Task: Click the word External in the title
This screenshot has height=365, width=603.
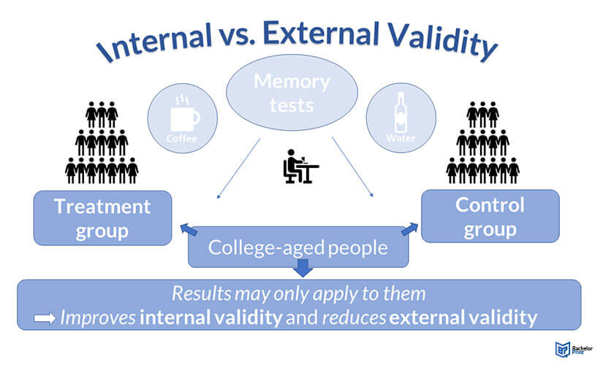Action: pos(322,32)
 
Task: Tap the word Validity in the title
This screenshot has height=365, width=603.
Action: pos(442,42)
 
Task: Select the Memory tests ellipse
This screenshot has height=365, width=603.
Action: pos(292,93)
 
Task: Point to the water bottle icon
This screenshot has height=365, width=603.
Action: pos(401,112)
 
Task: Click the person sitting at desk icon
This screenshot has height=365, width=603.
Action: pos(300,166)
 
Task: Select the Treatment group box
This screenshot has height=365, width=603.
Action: pos(102,218)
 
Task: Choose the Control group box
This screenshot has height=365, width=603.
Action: pos(490,216)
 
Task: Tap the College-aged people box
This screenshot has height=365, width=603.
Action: pos(298,247)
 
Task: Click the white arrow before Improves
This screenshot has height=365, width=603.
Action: pos(45,318)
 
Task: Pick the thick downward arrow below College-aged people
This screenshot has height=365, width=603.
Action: pos(303,268)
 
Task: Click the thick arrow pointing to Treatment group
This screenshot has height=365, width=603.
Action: pos(189,229)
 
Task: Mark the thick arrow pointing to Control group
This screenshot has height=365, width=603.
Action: pos(409,228)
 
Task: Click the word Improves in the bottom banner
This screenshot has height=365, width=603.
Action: pos(98,318)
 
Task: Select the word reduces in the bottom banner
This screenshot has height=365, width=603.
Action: pos(354,318)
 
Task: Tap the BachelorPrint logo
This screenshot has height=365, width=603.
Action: pos(574,349)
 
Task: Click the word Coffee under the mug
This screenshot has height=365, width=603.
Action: pos(181,138)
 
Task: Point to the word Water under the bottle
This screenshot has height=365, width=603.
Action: pos(401,138)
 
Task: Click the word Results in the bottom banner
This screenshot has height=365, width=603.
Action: pos(201,293)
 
